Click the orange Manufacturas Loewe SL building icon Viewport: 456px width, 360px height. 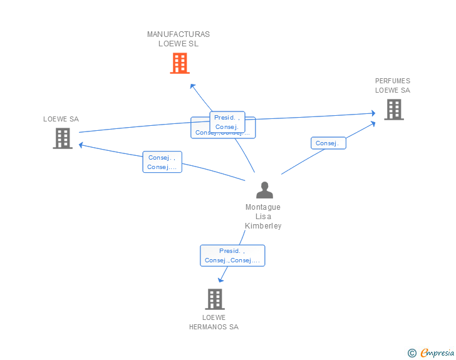(180, 63)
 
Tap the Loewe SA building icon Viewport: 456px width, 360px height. (63, 138)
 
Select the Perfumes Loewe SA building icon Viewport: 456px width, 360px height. (393, 110)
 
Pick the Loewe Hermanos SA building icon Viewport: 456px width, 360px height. (215, 299)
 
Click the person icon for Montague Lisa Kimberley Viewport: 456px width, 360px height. (264, 190)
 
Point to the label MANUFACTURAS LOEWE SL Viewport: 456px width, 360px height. (179, 39)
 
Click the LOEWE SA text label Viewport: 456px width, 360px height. (61, 119)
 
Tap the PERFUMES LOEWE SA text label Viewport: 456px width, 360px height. (393, 85)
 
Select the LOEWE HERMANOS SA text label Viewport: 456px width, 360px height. (214, 322)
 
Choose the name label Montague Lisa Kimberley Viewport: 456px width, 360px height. (263, 217)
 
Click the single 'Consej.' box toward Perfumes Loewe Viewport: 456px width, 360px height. (328, 143)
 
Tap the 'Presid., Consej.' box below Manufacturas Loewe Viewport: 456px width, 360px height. (227, 121)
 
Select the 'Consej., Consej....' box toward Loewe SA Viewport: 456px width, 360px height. (162, 162)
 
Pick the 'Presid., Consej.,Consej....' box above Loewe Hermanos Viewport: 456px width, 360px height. (232, 255)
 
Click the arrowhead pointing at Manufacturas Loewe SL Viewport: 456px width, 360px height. (192, 85)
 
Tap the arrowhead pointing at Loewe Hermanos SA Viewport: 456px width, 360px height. (220, 280)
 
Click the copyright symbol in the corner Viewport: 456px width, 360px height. (412, 353)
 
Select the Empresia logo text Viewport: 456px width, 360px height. (437, 352)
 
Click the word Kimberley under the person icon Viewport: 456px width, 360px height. (263, 226)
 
